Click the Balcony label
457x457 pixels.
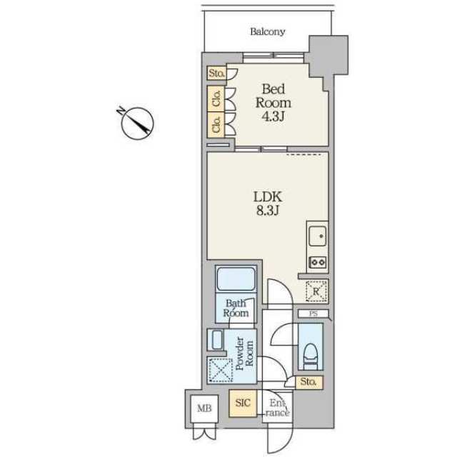pos(268,31)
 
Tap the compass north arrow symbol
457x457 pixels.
pos(136,123)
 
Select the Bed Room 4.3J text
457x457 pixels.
pos(273,103)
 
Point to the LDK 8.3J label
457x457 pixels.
pos(268,203)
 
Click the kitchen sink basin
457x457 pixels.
pos(318,236)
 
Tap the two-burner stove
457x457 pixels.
pos(318,262)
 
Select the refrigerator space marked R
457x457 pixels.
pos(317,291)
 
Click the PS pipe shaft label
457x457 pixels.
pos(313,314)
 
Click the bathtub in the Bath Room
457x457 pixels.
pos(236,278)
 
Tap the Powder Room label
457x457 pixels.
pos(244,353)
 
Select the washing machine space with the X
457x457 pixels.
pos(220,370)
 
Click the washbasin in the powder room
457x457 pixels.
pos(217,340)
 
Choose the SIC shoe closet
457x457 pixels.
pos(243,403)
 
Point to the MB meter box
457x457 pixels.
pos(204,408)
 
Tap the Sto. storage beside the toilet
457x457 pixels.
pos(309,382)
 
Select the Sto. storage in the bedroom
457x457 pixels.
pos(216,74)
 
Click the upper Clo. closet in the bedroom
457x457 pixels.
pos(216,99)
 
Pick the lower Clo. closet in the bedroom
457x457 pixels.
pos(216,124)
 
